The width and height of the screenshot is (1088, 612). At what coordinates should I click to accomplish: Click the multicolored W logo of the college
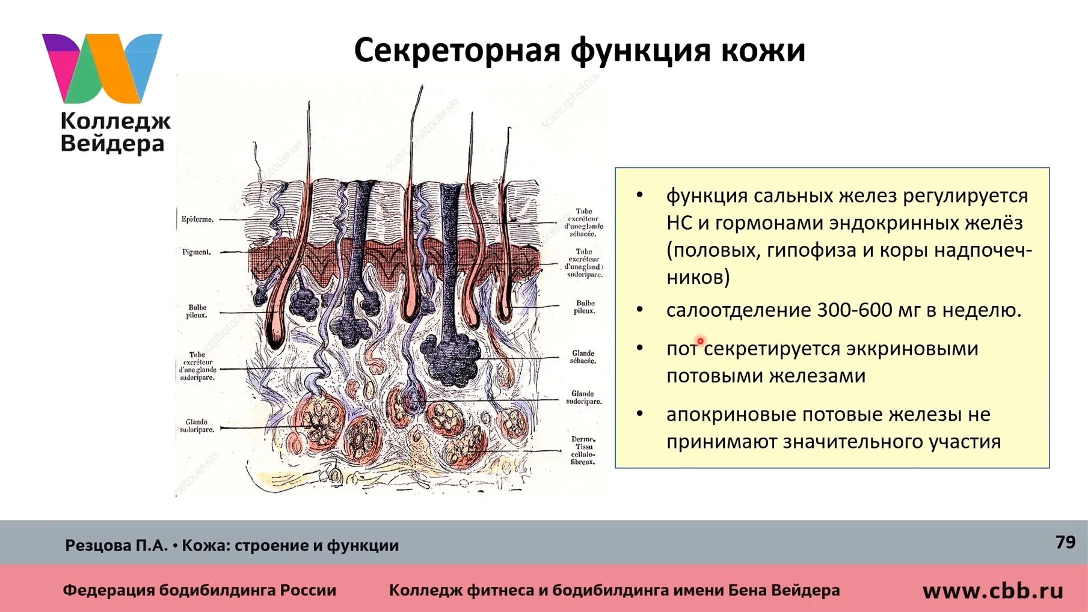click(x=102, y=67)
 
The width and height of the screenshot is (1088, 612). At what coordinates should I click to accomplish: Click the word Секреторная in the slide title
click(x=457, y=50)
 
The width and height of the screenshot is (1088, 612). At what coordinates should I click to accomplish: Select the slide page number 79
click(x=1065, y=542)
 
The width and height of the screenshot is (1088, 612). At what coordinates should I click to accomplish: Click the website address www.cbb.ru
click(x=992, y=591)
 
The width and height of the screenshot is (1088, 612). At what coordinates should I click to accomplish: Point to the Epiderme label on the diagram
click(x=197, y=219)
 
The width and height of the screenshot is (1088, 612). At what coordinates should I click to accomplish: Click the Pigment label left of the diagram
click(x=197, y=252)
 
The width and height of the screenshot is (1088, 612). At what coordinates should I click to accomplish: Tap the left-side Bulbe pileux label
click(x=197, y=311)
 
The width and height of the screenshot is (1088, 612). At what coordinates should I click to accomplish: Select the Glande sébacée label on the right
click(x=583, y=357)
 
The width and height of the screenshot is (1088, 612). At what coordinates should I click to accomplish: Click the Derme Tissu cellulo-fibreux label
click(x=583, y=450)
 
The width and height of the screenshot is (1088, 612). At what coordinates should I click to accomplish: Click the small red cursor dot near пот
click(x=700, y=341)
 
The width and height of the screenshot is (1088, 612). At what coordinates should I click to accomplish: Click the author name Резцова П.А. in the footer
click(x=116, y=545)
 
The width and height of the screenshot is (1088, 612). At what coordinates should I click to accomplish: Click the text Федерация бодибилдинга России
click(x=199, y=590)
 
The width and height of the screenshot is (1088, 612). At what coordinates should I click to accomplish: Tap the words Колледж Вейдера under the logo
click(x=114, y=133)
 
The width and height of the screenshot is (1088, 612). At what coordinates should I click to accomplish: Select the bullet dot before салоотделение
click(x=640, y=310)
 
